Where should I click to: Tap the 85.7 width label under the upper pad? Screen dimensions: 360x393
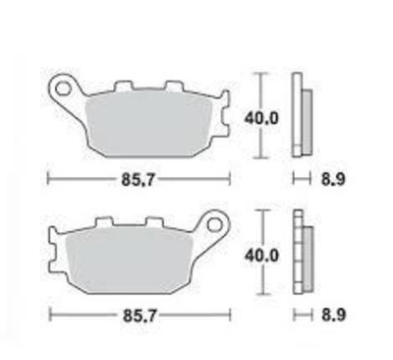point(139,180)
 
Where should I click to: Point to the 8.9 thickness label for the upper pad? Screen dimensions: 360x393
point(331,180)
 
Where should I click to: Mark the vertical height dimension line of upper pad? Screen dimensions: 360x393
point(259,93)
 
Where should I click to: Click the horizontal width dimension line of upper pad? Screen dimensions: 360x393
point(79,180)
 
